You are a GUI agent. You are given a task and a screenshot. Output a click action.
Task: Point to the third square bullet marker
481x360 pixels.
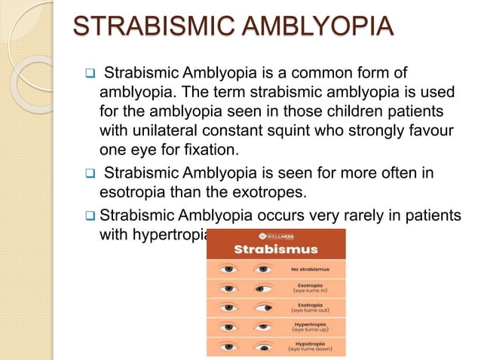point(87,215)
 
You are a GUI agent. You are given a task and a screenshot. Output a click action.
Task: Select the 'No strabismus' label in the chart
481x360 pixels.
point(308,268)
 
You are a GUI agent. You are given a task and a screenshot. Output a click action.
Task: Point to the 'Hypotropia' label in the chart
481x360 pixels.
point(308,346)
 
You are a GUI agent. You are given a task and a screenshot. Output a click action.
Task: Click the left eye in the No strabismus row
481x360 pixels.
point(228,268)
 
